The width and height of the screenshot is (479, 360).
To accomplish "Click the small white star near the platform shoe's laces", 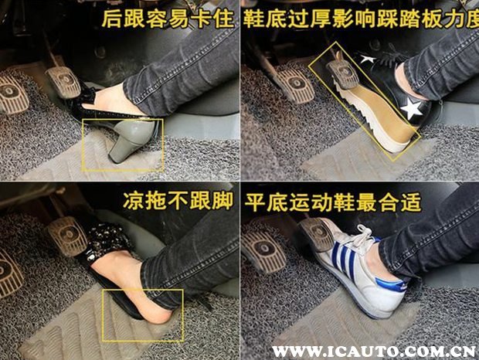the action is point(367,58).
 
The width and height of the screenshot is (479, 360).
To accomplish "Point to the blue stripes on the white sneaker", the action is point(345,257).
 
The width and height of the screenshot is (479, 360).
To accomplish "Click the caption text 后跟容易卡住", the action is point(168,19).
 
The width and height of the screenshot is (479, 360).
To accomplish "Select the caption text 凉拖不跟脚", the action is point(178,201).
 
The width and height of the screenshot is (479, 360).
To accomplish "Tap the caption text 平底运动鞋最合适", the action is point(332,202).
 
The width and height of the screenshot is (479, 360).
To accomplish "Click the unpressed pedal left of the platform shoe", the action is point(295,87).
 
